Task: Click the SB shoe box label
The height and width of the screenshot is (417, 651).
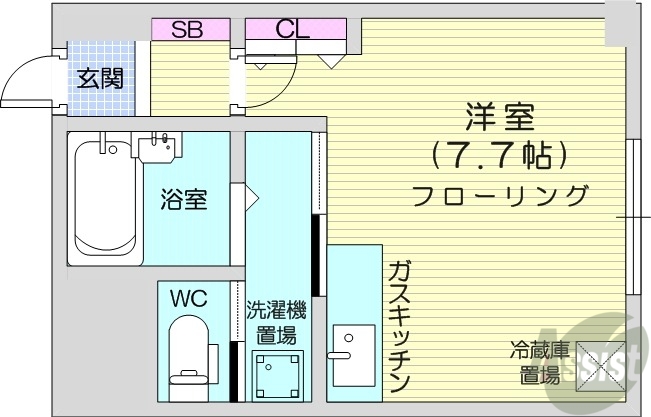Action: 186,29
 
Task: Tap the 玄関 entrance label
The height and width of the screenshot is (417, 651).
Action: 102,78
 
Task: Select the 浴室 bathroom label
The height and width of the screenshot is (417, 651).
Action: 184,199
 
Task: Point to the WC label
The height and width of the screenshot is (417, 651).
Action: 188,298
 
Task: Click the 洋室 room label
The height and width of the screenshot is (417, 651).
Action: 498,118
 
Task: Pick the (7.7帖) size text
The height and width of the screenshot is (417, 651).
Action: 498,155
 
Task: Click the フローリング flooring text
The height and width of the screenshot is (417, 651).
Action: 498,194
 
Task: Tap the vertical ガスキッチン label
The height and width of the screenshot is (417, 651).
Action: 398,326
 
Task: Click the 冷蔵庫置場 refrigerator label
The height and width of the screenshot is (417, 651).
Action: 539,363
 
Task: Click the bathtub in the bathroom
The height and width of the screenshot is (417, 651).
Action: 104,200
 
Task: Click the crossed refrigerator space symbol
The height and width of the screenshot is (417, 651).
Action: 598,363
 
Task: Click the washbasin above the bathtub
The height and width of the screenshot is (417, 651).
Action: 158,148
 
